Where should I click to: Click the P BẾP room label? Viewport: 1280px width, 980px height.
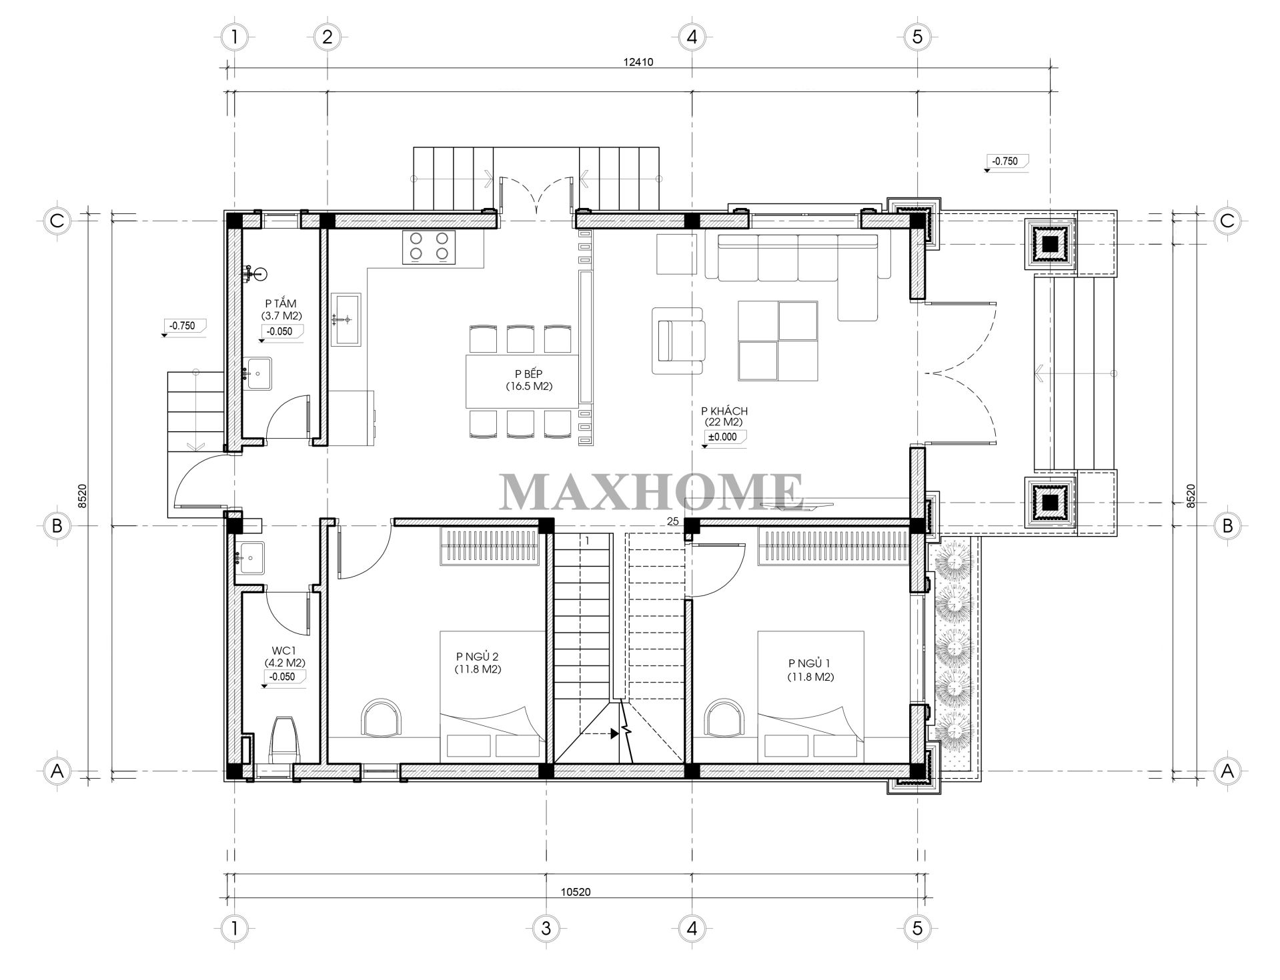pyautogui.click(x=529, y=374)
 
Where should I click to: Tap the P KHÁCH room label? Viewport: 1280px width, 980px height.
pyautogui.click(x=724, y=411)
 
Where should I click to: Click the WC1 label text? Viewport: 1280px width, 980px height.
pyautogui.click(x=284, y=651)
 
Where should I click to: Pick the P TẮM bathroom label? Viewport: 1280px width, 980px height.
pyautogui.click(x=280, y=304)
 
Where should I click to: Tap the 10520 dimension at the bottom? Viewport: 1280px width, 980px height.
pyautogui.click(x=576, y=892)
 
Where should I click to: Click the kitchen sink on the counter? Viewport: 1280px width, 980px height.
pyautogui.click(x=345, y=319)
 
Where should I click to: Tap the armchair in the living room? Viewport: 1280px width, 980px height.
pyautogui.click(x=678, y=341)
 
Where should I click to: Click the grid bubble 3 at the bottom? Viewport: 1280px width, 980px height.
pyautogui.click(x=546, y=929)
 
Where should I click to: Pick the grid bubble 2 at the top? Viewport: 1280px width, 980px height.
pyautogui.click(x=326, y=37)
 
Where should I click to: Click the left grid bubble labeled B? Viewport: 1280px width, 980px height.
pyautogui.click(x=57, y=526)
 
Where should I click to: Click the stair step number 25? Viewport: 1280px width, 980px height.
pyautogui.click(x=672, y=521)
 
